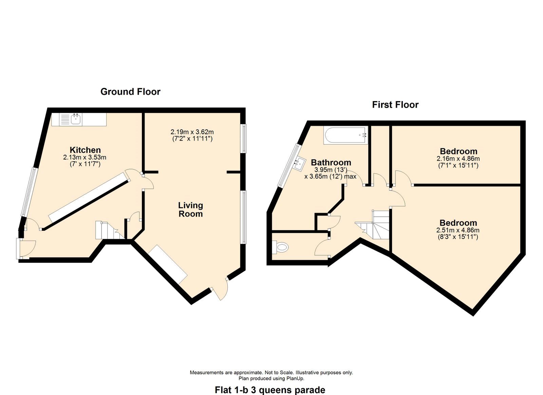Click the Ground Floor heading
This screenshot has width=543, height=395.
[130, 92]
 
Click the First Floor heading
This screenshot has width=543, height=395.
[395, 105]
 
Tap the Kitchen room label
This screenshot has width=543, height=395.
[85, 150]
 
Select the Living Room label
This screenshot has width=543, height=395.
[190, 210]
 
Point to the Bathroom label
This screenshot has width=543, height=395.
[331, 162]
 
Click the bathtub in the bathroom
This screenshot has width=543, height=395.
[346, 135]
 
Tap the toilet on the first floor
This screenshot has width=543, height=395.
[280, 247]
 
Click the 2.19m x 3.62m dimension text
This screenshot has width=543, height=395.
[192, 132]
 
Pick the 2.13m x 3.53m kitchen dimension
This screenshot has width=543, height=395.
[85, 157]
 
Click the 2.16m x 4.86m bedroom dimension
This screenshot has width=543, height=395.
[458, 159]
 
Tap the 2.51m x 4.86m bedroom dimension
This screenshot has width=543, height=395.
[458, 230]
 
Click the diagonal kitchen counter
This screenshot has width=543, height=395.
[90, 198]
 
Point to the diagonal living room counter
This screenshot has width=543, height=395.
[168, 264]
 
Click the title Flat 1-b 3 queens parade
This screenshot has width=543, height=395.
[270, 390]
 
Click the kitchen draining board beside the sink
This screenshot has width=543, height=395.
[65, 119]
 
